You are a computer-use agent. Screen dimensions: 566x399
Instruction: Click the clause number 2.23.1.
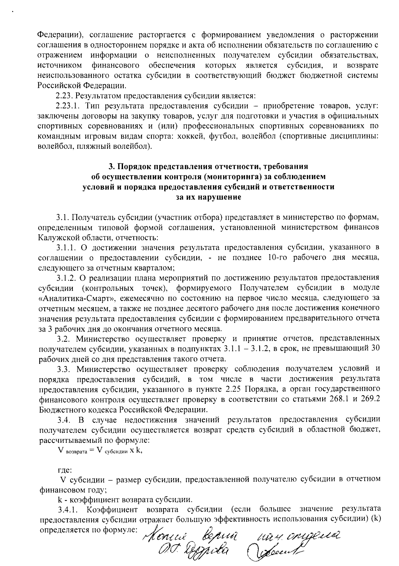(68, 106)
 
